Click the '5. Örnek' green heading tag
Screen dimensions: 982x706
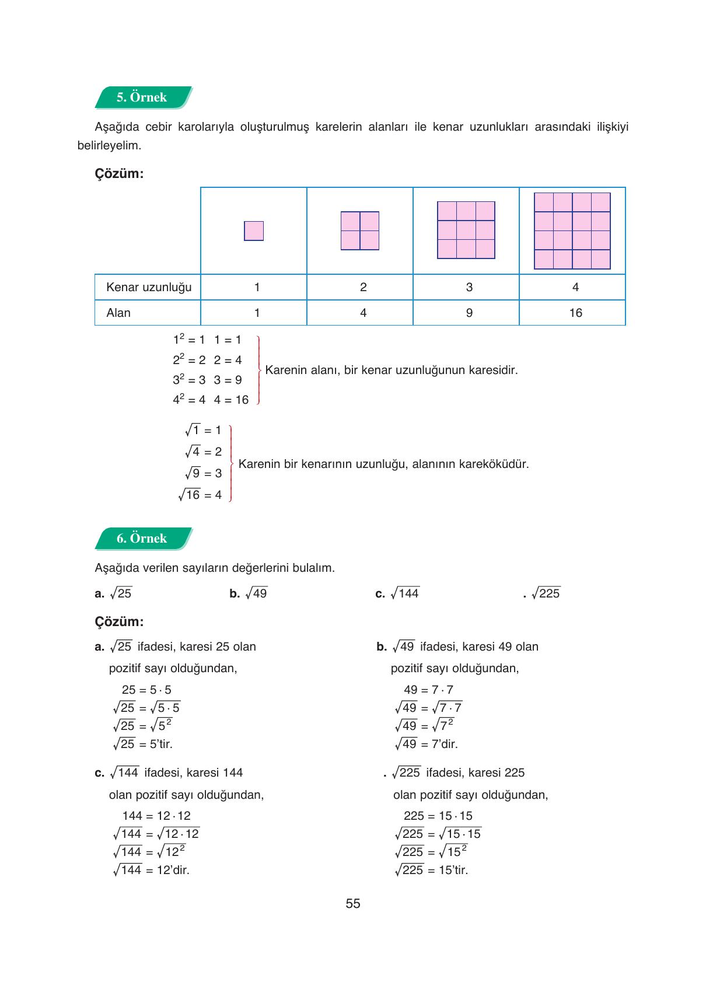point(142,97)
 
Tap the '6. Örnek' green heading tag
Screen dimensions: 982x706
point(142,539)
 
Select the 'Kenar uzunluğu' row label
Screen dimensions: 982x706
point(149,287)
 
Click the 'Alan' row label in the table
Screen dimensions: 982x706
point(118,313)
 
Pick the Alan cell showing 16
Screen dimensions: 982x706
point(575,313)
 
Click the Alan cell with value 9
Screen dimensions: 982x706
point(469,313)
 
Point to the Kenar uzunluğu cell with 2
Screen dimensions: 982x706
point(363,287)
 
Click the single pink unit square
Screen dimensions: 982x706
point(254,231)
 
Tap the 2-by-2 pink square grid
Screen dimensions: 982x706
point(360,231)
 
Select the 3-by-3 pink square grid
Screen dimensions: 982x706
point(466,230)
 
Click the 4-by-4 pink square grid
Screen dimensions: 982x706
point(572,231)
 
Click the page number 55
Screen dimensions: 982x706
point(353,904)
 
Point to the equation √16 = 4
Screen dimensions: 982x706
point(201,495)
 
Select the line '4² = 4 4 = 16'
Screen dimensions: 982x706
point(211,400)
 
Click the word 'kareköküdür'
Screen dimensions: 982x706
point(494,464)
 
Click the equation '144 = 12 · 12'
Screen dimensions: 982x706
point(156,816)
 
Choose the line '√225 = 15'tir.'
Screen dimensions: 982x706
point(432,870)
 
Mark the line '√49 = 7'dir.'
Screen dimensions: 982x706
point(427,744)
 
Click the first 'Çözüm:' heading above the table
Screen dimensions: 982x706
point(119,174)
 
